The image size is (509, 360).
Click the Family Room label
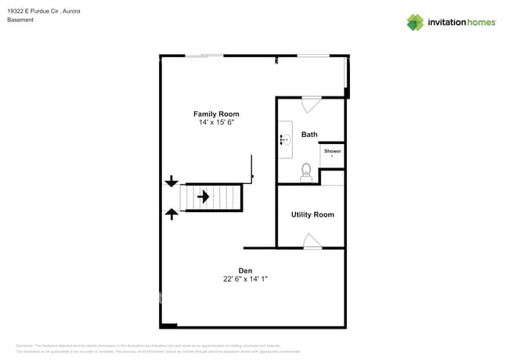pos(216,114)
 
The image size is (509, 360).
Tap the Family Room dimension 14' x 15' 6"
pos(216,123)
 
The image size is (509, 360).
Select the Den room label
pos(245,270)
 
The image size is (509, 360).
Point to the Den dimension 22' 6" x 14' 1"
pos(245,279)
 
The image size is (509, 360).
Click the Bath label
pos(309,135)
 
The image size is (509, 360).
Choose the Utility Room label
pos(312,214)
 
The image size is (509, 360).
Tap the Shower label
pos(332,150)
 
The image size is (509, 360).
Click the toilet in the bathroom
pos(306,172)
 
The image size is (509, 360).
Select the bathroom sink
pos(285,140)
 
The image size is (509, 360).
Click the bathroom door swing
pos(310,103)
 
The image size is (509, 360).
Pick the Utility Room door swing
pos(312,242)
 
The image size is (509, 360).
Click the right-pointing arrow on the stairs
pos(203,197)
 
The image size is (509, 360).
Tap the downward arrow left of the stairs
pos(171,182)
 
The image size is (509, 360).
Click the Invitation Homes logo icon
pos(415,22)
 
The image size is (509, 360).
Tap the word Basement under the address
pos(20,20)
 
